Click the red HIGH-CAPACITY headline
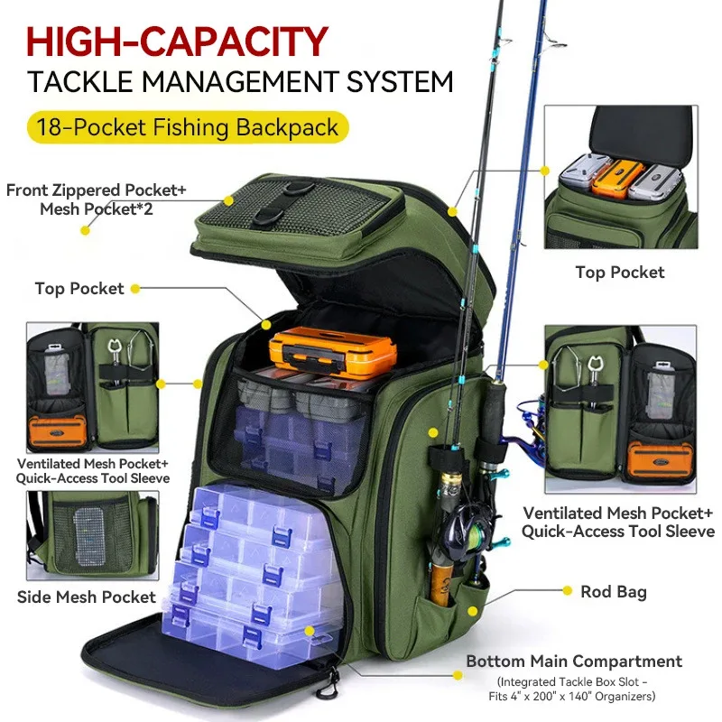tap(177, 41)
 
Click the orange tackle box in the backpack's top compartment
tap(320, 352)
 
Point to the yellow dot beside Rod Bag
tap(568, 591)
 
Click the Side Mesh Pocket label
tap(87, 597)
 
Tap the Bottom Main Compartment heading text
tap(574, 662)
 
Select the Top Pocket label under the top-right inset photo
tap(619, 272)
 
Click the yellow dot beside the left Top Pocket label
tap(134, 289)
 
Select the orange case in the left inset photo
tap(57, 432)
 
